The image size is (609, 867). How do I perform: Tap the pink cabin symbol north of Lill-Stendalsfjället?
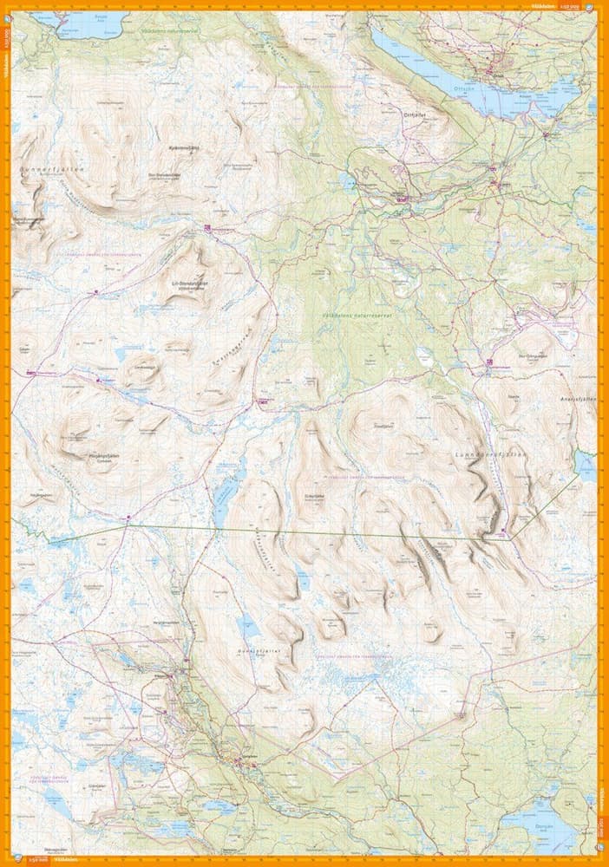pyautogui.click(x=207, y=228)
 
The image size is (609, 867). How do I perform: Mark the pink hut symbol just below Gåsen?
pyautogui.click(x=30, y=374)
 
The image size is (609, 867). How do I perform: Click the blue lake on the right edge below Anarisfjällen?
pyautogui.click(x=586, y=465)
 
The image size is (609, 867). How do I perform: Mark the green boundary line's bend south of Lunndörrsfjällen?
pyautogui.click(x=512, y=538)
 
